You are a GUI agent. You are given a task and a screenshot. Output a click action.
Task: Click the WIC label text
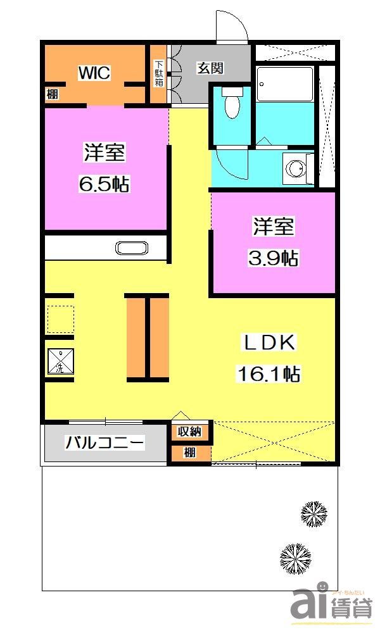pyautogui.click(x=94, y=73)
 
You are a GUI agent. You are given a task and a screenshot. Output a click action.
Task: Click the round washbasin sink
pyautogui.click(x=295, y=168)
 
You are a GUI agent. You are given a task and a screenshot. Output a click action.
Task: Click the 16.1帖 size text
pyautogui.click(x=269, y=374)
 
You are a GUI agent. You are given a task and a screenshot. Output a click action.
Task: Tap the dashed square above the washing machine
pyautogui.click(x=60, y=319)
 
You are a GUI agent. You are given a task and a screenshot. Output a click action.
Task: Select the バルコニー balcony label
pyautogui.click(x=105, y=442)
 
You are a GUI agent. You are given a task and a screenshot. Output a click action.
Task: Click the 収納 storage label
pyautogui.click(x=189, y=432)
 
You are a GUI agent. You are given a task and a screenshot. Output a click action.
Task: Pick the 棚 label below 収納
pyautogui.click(x=189, y=453)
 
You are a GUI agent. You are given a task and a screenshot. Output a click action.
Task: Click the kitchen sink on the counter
pyautogui.click(x=132, y=248)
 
